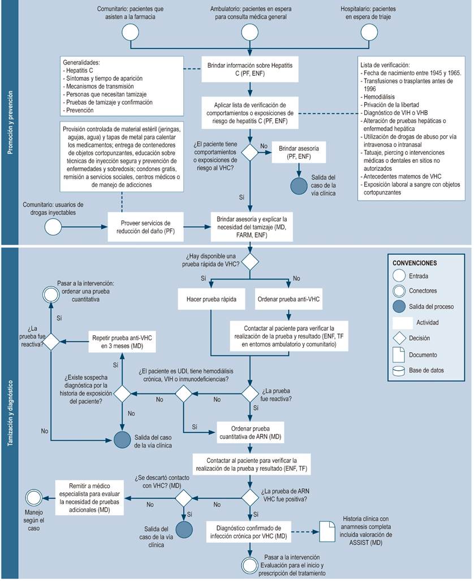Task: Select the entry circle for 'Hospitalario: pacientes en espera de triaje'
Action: [x=368, y=33]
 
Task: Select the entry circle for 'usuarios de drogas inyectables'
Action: [x=54, y=227]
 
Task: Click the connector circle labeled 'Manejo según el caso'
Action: [x=33, y=497]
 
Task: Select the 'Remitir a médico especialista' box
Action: [x=91, y=497]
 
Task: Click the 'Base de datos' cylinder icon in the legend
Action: [x=400, y=371]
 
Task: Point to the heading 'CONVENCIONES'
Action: [x=415, y=263]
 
